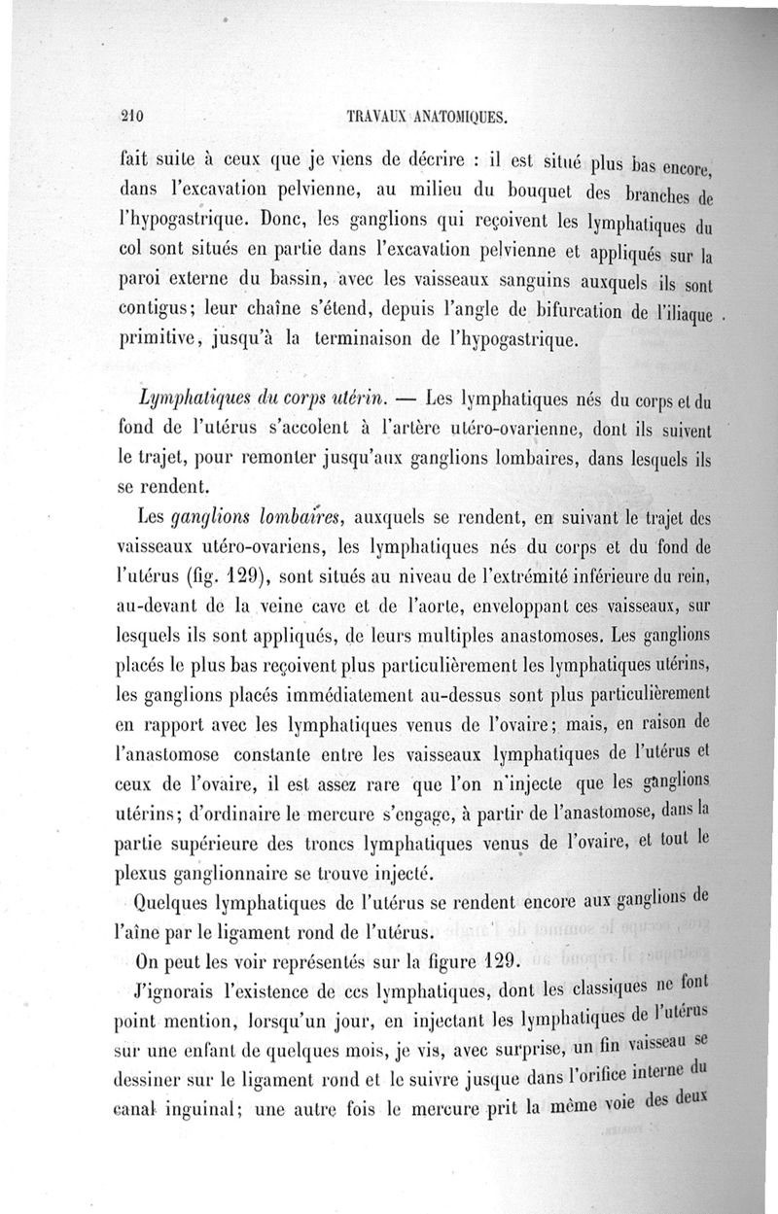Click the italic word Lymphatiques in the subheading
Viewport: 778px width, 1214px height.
coord(191,399)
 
